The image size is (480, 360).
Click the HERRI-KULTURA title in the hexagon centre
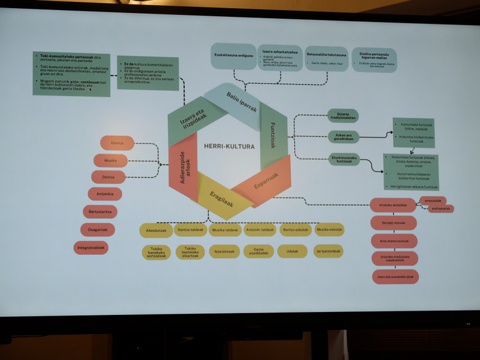pyautogui.click(x=229, y=146)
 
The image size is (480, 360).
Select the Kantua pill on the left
pyautogui.click(x=117, y=143)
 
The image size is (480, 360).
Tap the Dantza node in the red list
pyautogui.click(x=109, y=177)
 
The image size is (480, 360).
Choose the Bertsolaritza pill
pyautogui.click(x=100, y=212)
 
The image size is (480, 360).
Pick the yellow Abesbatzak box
pyautogui.click(x=156, y=230)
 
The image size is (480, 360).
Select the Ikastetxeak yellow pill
pyautogui.click(x=224, y=251)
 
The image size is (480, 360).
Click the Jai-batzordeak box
pyautogui.click(x=328, y=251)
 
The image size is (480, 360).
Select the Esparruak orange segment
pyautogui.click(x=265, y=182)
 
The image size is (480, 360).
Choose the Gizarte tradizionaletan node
pyautogui.click(x=342, y=116)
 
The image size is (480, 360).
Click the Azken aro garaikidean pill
pyautogui.click(x=344, y=136)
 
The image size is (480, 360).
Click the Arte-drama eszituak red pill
pyautogui.click(x=394, y=241)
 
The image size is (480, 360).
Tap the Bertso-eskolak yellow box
pyautogui.click(x=295, y=230)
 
